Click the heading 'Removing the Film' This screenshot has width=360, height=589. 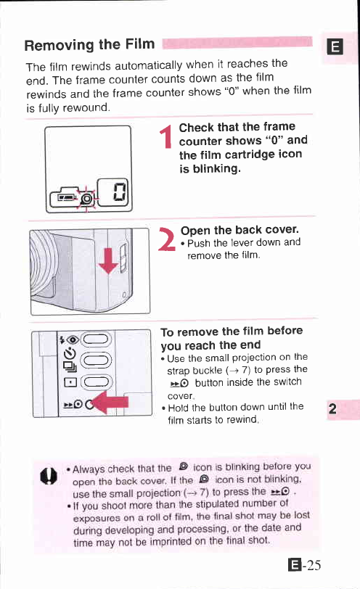[x=89, y=45]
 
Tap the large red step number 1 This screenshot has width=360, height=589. [x=165, y=136]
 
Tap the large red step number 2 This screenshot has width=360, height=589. [x=166, y=239]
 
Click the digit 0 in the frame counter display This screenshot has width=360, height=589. [x=120, y=192]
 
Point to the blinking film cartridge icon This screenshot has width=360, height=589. [x=87, y=198]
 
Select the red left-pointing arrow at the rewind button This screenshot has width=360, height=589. [x=110, y=403]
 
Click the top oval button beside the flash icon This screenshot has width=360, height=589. [x=97, y=339]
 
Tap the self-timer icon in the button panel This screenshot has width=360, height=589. [x=70, y=353]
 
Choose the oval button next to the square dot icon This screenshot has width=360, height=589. [x=97, y=382]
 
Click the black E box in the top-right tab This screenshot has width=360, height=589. [x=335, y=47]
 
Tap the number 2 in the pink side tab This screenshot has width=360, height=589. [x=332, y=408]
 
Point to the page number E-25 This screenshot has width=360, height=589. [x=305, y=565]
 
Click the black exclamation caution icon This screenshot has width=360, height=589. [x=49, y=477]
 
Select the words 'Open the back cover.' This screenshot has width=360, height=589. [x=240, y=230]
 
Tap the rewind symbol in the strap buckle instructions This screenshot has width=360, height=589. [x=179, y=383]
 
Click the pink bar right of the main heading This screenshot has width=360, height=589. [x=237, y=43]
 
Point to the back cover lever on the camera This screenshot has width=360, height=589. [x=123, y=258]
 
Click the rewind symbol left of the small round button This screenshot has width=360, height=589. [x=73, y=404]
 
